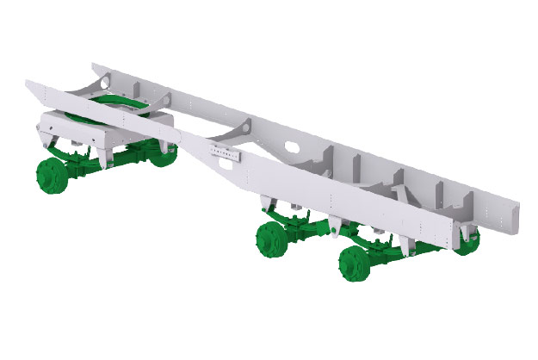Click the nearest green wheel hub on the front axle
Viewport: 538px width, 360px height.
tap(50, 174)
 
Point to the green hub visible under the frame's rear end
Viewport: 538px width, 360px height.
tap(467, 244)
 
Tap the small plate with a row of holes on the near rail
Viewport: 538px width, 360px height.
tap(226, 154)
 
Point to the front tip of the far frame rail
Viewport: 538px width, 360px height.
tap(96, 65)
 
